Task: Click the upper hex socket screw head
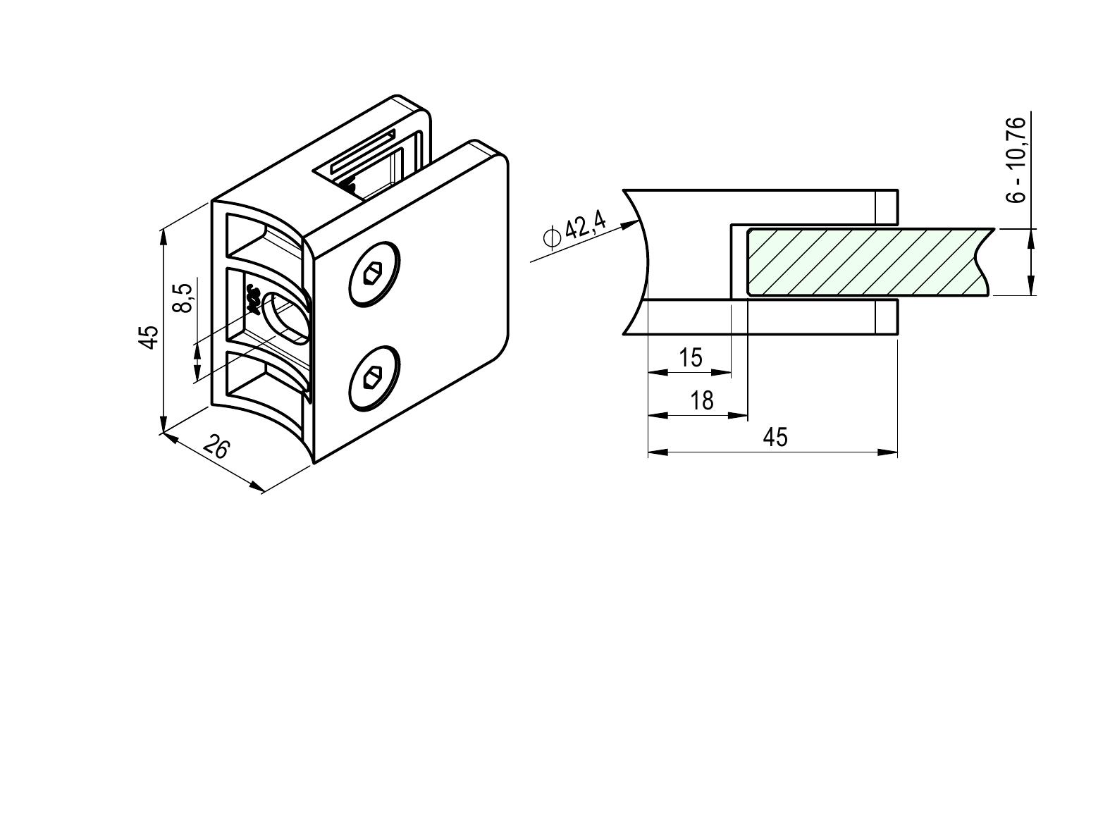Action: [374, 273]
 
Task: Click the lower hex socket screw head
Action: [374, 378]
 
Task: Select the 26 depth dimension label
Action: [216, 448]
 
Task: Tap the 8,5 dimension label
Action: [185, 297]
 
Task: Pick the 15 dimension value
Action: [690, 357]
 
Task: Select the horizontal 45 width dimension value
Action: [776, 437]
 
